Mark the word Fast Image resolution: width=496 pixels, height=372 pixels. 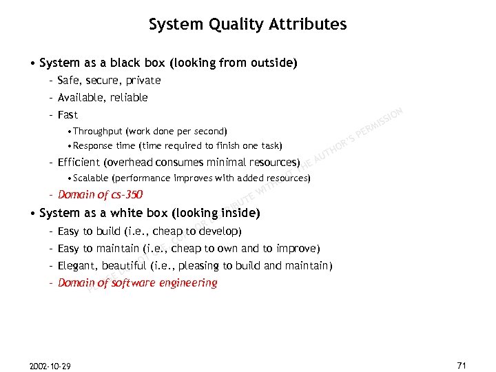click(68, 115)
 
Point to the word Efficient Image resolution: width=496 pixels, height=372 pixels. click(79, 163)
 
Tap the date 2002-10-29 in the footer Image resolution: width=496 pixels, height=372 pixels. click(50, 365)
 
